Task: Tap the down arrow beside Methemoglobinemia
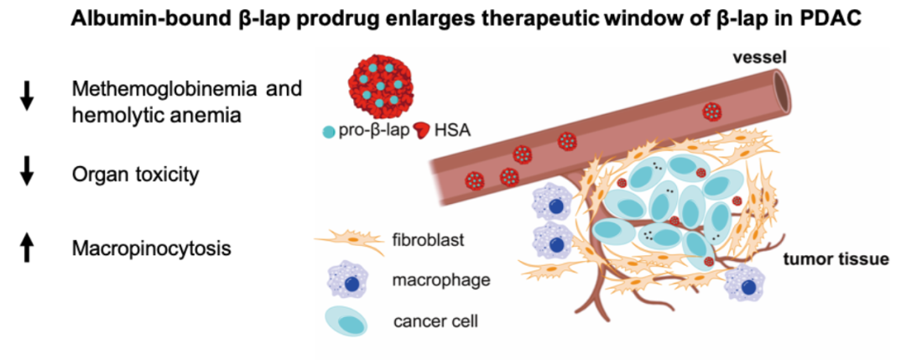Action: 27,97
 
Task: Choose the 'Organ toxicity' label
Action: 134,175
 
